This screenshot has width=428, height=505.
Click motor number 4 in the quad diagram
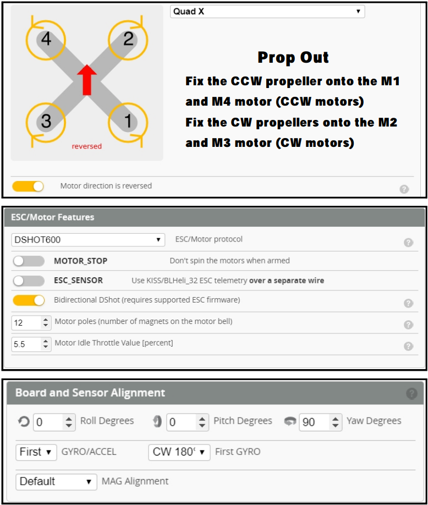(x=46, y=39)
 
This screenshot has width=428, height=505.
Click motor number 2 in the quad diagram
(x=128, y=39)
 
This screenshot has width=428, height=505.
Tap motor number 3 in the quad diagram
(x=46, y=121)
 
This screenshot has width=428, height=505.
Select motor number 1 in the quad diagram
(x=128, y=121)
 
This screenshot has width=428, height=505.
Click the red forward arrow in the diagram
(x=87, y=80)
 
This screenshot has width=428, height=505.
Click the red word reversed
(x=86, y=146)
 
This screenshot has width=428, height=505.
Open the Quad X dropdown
(x=267, y=12)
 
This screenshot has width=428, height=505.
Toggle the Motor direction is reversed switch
(x=28, y=186)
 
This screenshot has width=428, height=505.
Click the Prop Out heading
(x=293, y=58)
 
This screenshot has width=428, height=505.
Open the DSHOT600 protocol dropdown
(x=88, y=240)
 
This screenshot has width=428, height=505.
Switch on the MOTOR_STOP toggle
(x=29, y=261)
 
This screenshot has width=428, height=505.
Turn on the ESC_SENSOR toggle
(x=29, y=281)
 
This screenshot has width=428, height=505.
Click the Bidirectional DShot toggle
(x=29, y=300)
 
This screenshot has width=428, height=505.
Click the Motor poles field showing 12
(x=31, y=323)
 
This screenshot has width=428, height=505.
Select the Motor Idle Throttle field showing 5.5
(x=31, y=344)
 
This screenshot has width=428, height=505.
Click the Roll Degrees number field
(x=54, y=422)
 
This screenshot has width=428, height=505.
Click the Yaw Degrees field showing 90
(x=320, y=422)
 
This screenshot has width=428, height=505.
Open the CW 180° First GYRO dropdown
(x=179, y=452)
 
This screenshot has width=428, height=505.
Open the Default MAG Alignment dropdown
(x=56, y=482)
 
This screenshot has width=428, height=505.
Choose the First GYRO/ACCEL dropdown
(x=36, y=452)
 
